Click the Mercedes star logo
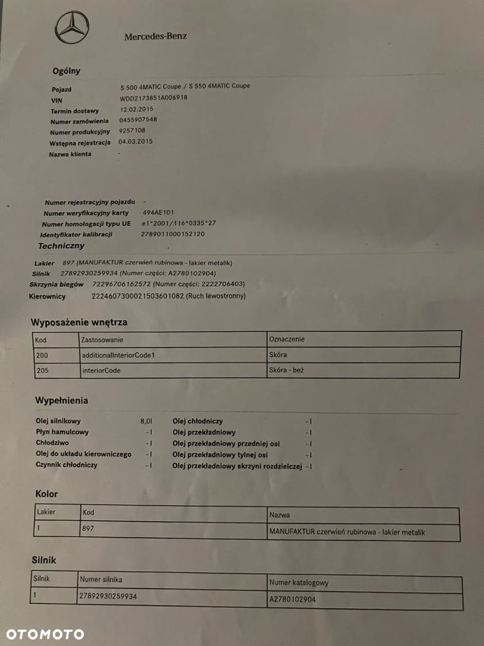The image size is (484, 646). (x=72, y=28)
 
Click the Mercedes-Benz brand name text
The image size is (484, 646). (x=156, y=37)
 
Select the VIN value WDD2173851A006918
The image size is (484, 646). (x=154, y=98)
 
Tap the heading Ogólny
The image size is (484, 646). (x=66, y=71)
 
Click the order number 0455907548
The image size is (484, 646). (x=138, y=120)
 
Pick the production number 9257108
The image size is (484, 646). (x=132, y=130)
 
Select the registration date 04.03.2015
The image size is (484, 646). (x=136, y=141)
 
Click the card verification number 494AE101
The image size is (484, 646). (x=159, y=212)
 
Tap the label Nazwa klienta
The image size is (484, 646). (x=70, y=154)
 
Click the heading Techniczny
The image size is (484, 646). (x=61, y=245)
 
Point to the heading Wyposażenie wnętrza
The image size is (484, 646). (x=79, y=322)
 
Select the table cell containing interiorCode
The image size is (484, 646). (x=101, y=371)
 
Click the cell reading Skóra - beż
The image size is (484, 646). (x=287, y=371)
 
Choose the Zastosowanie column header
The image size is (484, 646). (x=103, y=339)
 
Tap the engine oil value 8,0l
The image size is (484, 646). (x=146, y=421)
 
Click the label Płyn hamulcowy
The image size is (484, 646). (x=63, y=432)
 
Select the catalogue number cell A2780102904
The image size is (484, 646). (x=292, y=599)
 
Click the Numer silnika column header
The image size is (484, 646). (x=101, y=579)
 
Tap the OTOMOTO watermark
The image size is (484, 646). (x=45, y=634)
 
